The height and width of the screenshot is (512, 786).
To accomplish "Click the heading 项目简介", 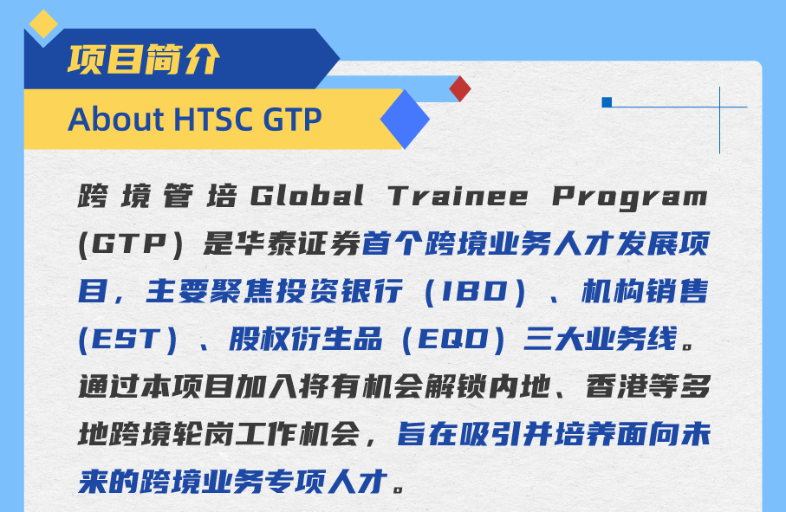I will pyautogui.click(x=144, y=59).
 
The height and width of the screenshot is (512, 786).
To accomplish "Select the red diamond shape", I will pyautogui.click(x=460, y=88).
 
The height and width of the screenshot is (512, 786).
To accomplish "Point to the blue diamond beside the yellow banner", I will pyautogui.click(x=405, y=119).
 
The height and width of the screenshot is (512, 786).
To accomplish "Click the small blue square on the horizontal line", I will pyautogui.click(x=607, y=102).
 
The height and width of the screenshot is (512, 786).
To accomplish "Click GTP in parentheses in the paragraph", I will pyautogui.click(x=127, y=244).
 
